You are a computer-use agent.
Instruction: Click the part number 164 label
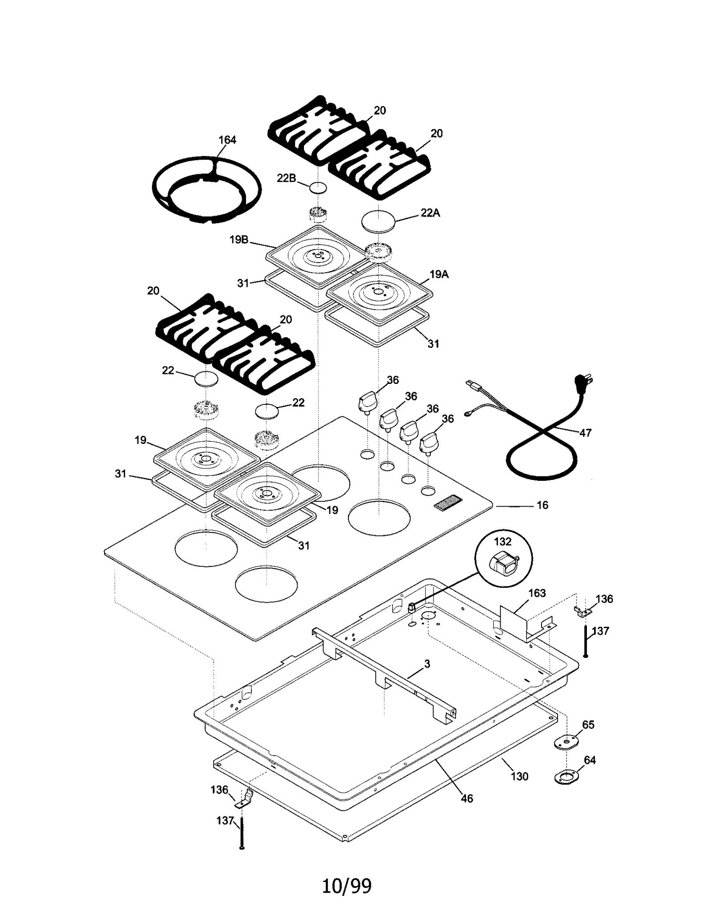tap(227, 140)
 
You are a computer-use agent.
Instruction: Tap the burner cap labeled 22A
tap(378, 220)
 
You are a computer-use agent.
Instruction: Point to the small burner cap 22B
tap(318, 187)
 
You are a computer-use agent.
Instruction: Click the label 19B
tap(239, 240)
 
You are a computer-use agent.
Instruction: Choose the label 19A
tap(439, 274)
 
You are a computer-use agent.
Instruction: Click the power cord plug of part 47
tap(584, 381)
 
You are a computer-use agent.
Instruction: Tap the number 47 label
tap(585, 433)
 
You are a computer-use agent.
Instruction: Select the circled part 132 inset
tap(503, 558)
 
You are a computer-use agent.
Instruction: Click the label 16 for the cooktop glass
tap(542, 505)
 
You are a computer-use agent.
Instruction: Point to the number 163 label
tap(537, 593)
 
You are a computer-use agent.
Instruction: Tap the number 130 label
tap(519, 776)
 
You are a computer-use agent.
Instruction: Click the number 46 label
tap(466, 798)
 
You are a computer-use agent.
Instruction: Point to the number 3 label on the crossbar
tap(427, 664)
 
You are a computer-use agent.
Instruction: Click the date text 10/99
tap(346, 886)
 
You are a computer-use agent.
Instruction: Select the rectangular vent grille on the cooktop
tap(448, 503)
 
